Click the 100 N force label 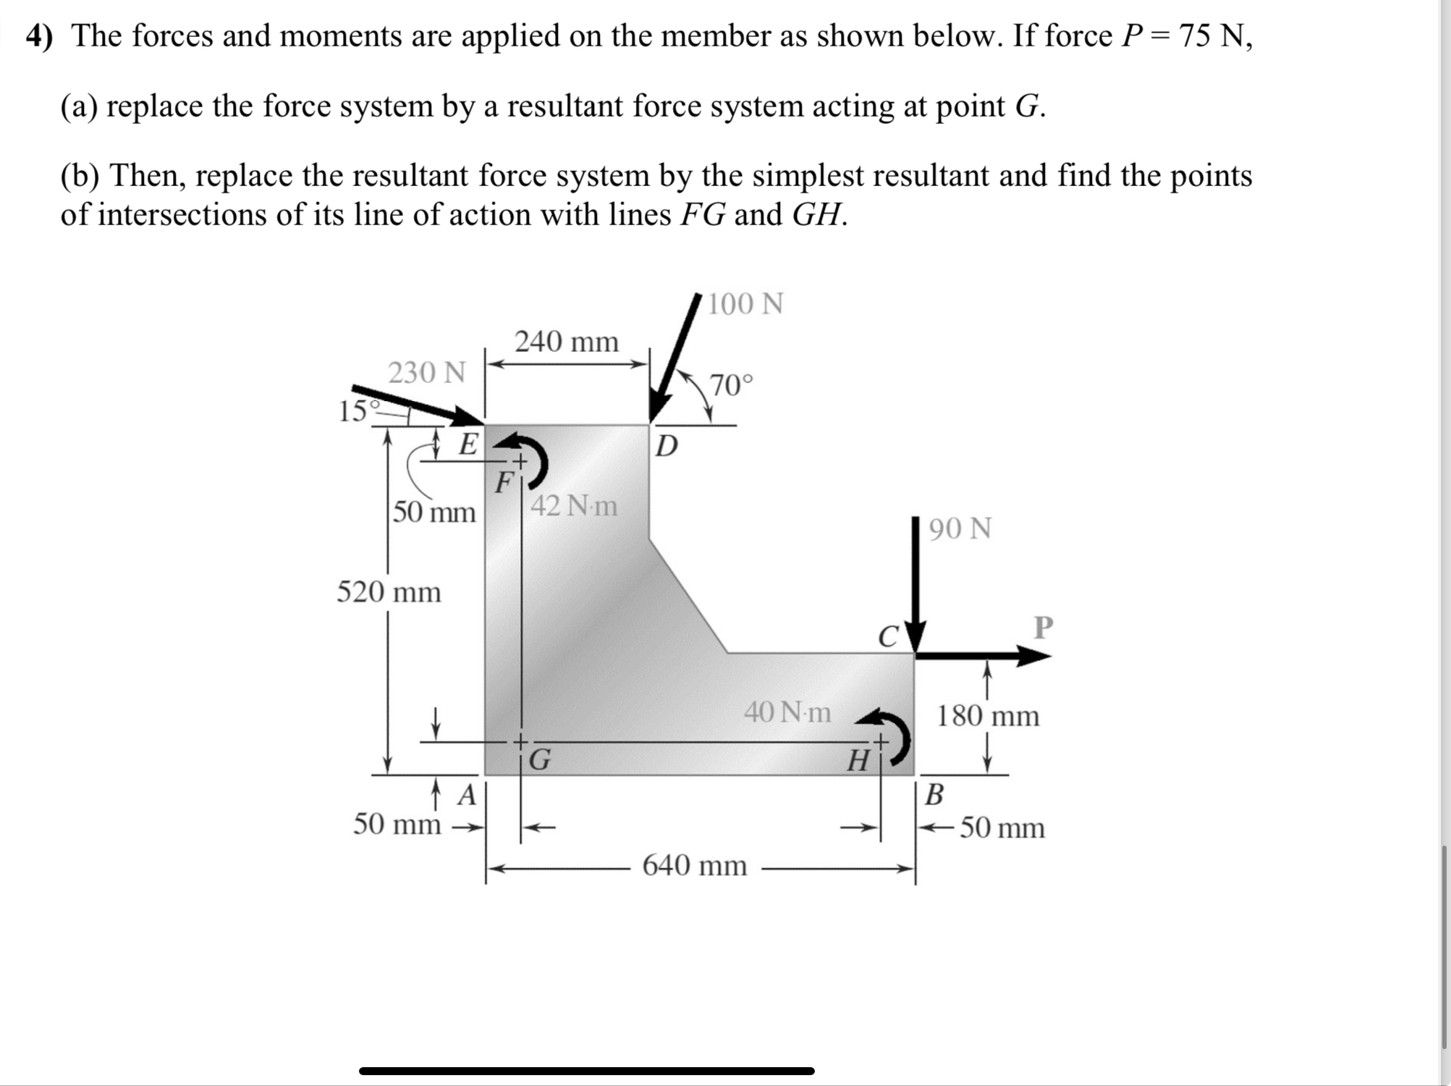[x=745, y=304]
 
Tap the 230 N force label [x=427, y=373]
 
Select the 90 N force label [x=960, y=529]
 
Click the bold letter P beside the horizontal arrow [x=1043, y=627]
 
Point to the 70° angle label [x=731, y=385]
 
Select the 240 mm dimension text [x=567, y=341]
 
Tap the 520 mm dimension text [x=389, y=592]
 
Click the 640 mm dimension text [x=695, y=865]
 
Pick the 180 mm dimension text [x=988, y=716]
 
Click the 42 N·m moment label [x=575, y=505]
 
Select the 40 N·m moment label [x=787, y=712]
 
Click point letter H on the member [x=858, y=761]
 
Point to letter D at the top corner [x=666, y=446]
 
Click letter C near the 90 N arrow [x=888, y=636]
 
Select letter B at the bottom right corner [x=934, y=795]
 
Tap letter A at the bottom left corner [x=468, y=796]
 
